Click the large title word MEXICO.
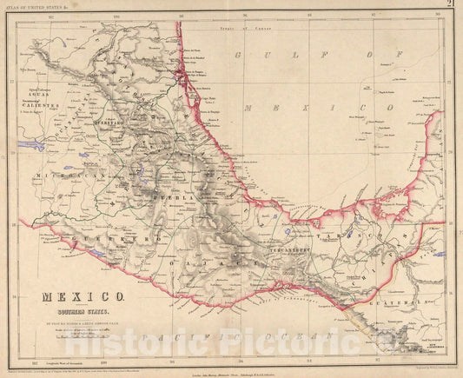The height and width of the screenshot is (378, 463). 69,295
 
